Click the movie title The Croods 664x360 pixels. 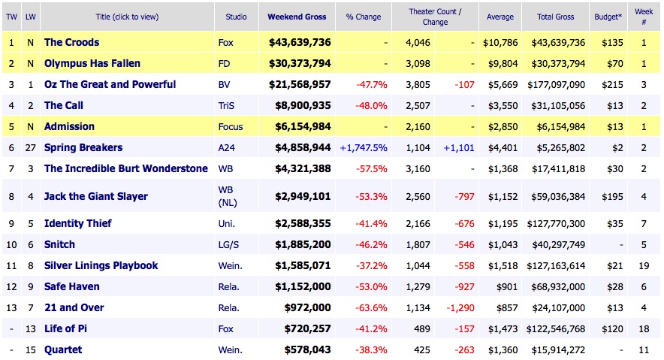(71, 42)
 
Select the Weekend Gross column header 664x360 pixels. (299, 17)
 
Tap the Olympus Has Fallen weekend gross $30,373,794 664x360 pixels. (299, 63)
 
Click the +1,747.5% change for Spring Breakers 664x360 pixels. (364, 148)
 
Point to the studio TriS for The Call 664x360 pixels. (228, 106)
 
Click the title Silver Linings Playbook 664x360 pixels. (101, 265)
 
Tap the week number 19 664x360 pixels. (644, 265)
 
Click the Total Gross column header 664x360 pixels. (554, 17)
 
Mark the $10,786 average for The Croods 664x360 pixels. (500, 42)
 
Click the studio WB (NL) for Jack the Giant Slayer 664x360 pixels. (228, 196)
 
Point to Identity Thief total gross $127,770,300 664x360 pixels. (556, 223)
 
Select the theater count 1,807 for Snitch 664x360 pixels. (418, 244)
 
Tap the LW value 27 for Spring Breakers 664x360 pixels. (29, 148)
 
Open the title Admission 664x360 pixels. (69, 126)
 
